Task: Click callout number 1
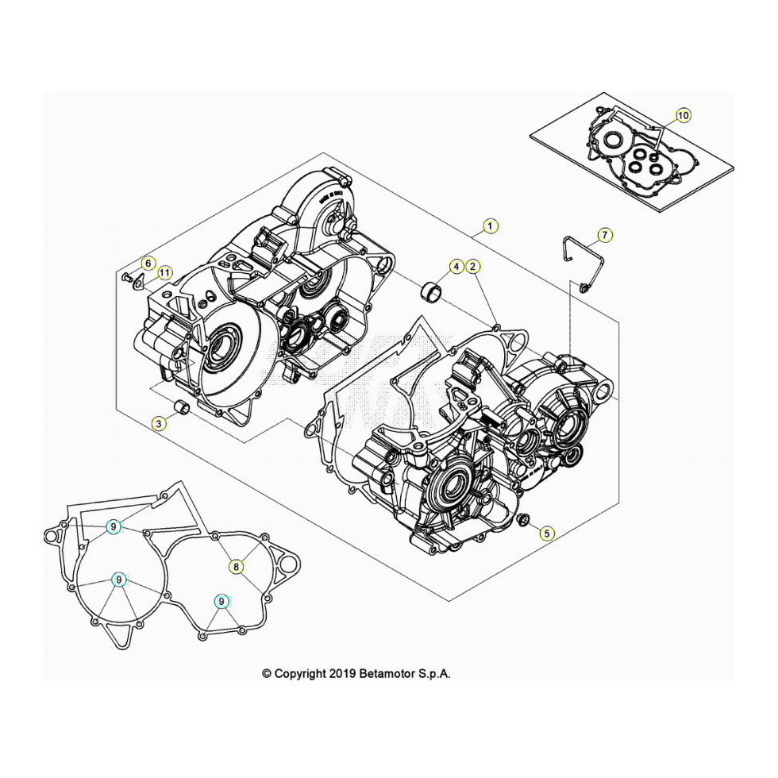point(491,226)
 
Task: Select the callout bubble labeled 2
point(472,267)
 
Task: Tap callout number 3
point(159,425)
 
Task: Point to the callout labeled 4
point(456,267)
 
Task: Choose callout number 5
point(547,533)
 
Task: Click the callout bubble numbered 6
point(148,263)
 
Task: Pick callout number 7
point(605,235)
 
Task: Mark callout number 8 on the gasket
point(237,566)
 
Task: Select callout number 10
point(683,116)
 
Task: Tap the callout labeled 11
point(164,273)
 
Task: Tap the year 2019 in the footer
point(342,674)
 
